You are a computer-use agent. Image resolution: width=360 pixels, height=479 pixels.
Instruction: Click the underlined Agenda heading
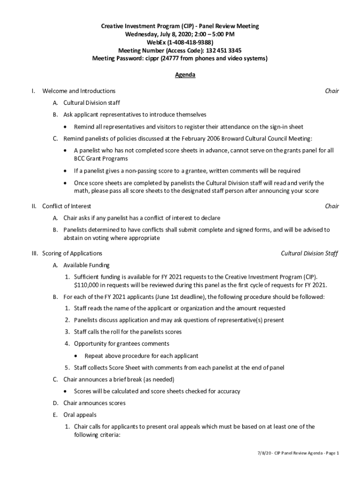[x=185, y=75]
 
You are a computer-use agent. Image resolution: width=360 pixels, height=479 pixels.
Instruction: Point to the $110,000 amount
[x=87, y=285]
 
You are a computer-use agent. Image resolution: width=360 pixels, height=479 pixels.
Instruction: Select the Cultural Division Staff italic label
[x=309, y=254]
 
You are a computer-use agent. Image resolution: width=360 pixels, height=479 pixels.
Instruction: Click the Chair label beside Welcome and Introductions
[x=332, y=91]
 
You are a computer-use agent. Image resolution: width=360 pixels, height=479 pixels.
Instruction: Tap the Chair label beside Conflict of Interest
[x=332, y=206]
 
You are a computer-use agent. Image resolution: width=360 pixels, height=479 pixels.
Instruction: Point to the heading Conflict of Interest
[x=66, y=206]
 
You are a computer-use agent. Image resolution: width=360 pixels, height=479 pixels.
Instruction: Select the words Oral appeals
[x=80, y=415]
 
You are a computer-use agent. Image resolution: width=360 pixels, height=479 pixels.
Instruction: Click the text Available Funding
[x=86, y=265]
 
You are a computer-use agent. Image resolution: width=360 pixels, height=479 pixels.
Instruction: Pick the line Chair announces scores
[x=94, y=403]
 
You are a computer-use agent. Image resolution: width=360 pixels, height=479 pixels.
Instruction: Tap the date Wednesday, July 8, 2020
[x=158, y=35]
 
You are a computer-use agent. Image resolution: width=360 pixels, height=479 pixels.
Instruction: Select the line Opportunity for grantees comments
[x=122, y=344]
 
